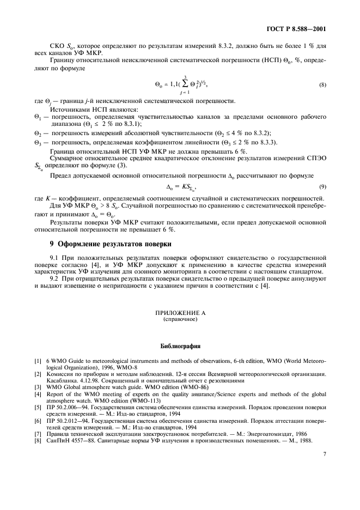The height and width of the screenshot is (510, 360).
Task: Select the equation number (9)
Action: coord(323,187)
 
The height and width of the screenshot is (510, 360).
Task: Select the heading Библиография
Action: coord(179,345)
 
